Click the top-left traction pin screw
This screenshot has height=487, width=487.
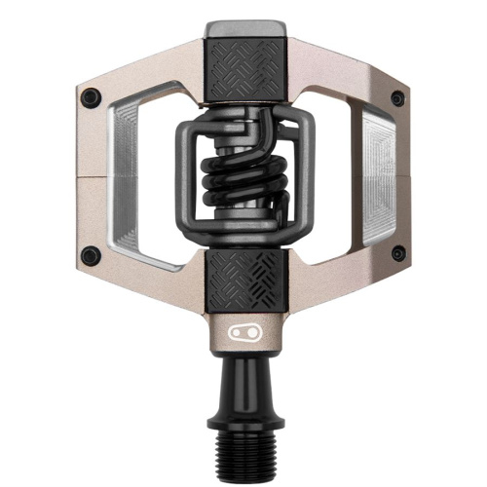point(90,96)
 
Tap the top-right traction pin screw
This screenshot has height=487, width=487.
point(396,96)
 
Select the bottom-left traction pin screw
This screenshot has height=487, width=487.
point(90,256)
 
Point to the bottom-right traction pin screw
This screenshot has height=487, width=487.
point(396,256)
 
